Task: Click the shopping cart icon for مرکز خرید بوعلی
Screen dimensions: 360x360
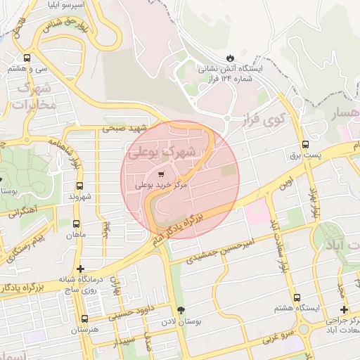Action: (162, 174)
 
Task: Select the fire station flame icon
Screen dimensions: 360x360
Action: (230, 57)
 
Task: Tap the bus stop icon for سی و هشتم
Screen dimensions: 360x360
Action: (27, 58)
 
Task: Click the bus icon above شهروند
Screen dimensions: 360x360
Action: (79, 186)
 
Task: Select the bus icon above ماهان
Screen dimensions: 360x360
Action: (77, 223)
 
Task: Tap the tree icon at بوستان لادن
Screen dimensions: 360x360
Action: (182, 310)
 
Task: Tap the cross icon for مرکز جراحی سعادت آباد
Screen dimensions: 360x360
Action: (343, 309)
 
